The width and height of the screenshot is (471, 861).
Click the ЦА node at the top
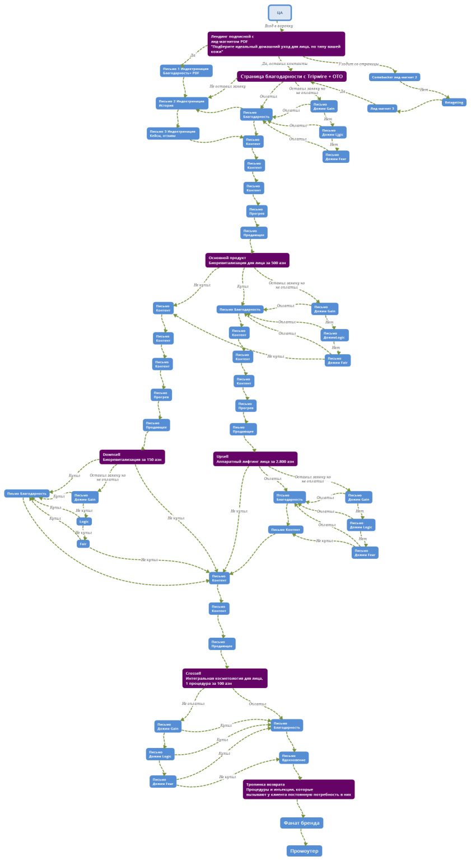coord(279,12)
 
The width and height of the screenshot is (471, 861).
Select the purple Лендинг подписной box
coord(276,44)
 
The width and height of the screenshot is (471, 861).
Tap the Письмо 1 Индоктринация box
coord(186,70)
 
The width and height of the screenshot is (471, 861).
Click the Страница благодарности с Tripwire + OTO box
coord(291,77)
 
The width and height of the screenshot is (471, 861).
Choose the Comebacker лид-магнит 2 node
coord(394,77)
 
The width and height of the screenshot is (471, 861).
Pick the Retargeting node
coord(454,102)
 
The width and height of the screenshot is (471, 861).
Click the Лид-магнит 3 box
coord(382,109)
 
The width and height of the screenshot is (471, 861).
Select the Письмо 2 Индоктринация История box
coord(181,103)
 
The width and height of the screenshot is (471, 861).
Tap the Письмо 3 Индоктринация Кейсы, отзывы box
coord(173,133)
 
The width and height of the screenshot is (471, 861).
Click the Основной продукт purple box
coord(247,260)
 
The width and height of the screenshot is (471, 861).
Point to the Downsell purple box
coord(132,457)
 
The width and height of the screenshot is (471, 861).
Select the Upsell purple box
coord(255,459)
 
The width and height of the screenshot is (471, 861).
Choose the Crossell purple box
coord(225,678)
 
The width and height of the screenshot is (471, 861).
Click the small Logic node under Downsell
coord(84,521)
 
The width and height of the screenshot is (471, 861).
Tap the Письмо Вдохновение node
coord(293,758)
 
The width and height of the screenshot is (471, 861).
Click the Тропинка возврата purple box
coord(299,789)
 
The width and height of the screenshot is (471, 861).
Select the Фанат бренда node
coord(301,823)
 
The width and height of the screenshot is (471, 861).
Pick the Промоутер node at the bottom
coord(304,851)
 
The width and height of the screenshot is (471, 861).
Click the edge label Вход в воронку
coord(279,26)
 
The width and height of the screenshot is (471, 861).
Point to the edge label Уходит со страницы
coord(358,64)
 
